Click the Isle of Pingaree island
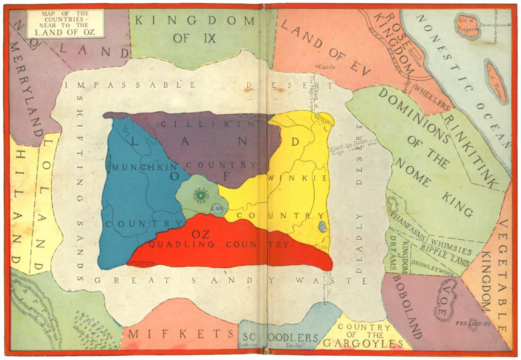click(x=467, y=25)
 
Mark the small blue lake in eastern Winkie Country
click(x=322, y=226)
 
